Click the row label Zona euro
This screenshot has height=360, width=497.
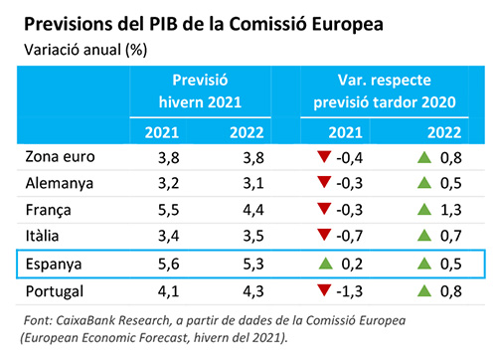[56, 156]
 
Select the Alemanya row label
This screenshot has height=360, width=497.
[58, 183]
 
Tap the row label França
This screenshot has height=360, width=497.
[47, 210]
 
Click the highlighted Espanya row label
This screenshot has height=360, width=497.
[54, 265]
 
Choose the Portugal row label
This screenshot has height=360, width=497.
[55, 292]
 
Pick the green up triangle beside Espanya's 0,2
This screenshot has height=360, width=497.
[322, 265]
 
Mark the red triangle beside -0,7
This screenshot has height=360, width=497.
[322, 237]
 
